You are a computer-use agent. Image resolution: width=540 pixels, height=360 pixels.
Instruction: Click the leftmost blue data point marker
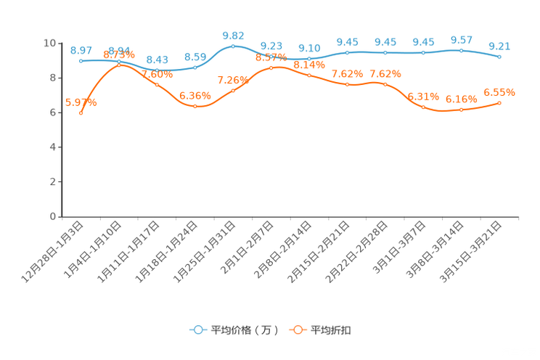pos(81,61)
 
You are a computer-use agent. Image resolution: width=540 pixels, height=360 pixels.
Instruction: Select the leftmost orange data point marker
pos(81,112)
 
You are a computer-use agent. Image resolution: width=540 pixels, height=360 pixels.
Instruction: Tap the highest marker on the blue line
pos(233,46)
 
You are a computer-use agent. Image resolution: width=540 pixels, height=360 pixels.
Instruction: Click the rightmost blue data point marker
pos(499,56)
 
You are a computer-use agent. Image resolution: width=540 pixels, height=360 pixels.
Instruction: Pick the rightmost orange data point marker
pos(499,103)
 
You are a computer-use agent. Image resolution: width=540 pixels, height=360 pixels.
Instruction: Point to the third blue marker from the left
pos(157,70)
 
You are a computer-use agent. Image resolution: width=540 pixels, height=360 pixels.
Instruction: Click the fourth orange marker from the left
pos(195,106)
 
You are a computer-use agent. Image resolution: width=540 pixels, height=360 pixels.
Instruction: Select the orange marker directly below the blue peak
pos(233,91)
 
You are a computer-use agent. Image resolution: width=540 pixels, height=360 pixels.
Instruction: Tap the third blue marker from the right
pos(423,52)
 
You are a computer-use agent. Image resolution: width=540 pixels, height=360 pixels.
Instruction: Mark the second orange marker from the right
pos(462,110)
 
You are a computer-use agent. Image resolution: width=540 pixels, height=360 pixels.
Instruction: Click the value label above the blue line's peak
pos(233,34)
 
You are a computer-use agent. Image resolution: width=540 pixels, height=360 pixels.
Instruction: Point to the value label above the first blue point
pos(81,49)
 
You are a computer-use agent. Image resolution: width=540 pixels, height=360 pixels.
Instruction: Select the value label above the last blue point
pos(499,45)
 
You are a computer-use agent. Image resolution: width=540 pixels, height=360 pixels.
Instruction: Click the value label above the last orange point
pos(499,92)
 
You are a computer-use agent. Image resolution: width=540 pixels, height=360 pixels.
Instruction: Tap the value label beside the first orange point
pos(81,102)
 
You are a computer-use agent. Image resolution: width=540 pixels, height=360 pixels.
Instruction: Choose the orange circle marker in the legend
pos(298,330)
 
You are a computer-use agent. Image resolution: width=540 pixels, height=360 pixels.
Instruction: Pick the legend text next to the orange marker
pos(332,330)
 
